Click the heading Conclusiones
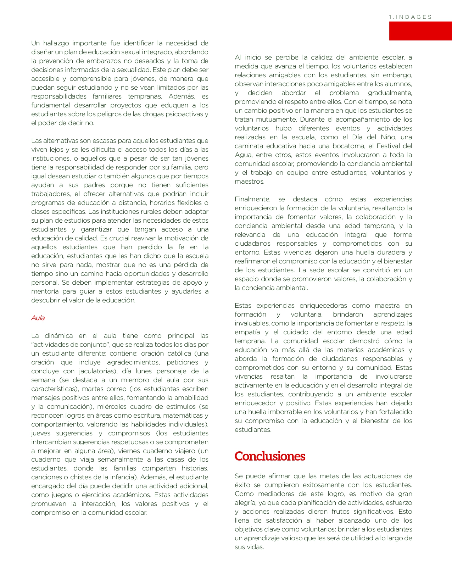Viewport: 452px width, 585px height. pos(270,456)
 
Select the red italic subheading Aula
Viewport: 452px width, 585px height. pos(38,318)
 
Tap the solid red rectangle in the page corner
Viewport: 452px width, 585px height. pos(420,31)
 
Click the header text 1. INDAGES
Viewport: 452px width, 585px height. pos(410,17)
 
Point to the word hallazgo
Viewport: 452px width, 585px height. pos(57,43)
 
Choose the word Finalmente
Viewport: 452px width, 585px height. pos(252,199)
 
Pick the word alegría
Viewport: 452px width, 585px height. pos(245,503)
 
